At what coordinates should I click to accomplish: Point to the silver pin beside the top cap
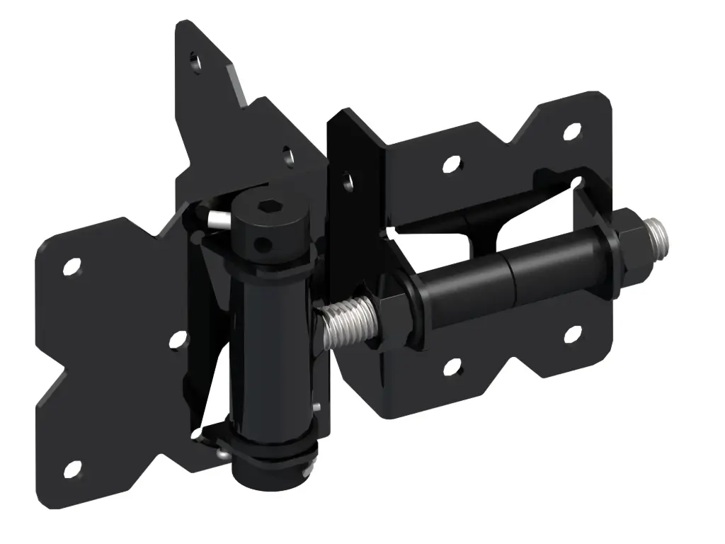(217, 218)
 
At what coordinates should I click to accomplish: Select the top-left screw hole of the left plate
(71, 267)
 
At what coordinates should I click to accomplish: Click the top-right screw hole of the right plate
(572, 130)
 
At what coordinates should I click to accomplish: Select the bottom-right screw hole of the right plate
(572, 331)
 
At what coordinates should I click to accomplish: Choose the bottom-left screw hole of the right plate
(450, 367)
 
